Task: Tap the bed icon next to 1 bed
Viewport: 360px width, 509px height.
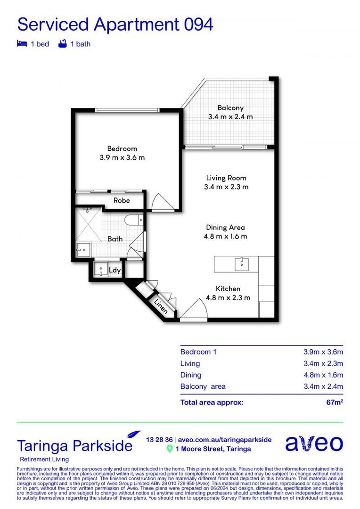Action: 21,44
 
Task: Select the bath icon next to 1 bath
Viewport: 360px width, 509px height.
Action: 62,44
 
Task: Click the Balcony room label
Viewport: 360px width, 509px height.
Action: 230,108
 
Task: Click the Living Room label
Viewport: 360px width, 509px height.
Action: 226,178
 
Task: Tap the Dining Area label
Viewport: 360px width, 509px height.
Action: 225,227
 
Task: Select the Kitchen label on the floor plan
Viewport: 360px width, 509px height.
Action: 228,288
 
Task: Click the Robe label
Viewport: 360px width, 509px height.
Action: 121,200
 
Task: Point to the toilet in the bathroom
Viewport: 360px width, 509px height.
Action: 133,220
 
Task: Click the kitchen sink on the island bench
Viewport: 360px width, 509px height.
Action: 242,263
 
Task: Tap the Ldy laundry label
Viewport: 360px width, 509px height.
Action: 115,270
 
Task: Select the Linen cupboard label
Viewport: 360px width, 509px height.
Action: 161,306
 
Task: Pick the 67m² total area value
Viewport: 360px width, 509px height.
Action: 335,402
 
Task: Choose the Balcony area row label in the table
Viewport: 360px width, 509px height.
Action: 203,386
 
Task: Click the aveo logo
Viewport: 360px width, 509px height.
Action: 314,443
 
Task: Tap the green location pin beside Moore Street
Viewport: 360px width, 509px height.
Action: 170,449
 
